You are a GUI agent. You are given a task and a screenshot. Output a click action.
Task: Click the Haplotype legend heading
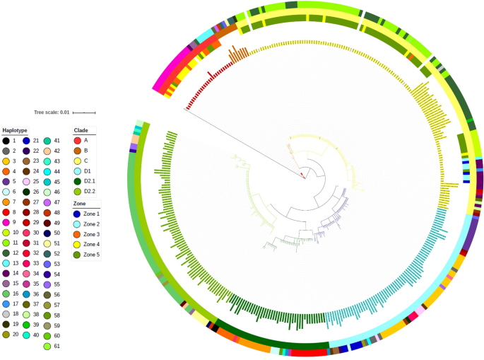tap(15, 130)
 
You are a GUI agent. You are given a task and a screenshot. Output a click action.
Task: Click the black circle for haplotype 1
tap(6, 141)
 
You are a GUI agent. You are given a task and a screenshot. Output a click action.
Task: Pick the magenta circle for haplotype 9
tap(6, 221)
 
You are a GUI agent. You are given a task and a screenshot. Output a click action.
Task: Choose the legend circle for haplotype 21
tap(26, 141)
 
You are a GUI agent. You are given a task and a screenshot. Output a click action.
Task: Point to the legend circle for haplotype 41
tap(47, 141)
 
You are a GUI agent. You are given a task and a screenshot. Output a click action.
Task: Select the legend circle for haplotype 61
tap(47, 346)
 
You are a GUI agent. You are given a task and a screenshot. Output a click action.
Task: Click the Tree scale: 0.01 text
tap(52, 112)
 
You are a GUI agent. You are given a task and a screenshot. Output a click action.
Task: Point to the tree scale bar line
tap(84, 112)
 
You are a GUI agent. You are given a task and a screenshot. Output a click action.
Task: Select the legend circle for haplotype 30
tap(26, 233)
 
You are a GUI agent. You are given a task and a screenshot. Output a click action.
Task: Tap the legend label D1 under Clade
tap(88, 171)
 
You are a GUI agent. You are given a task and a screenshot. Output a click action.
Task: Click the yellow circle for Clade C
tap(78, 161)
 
